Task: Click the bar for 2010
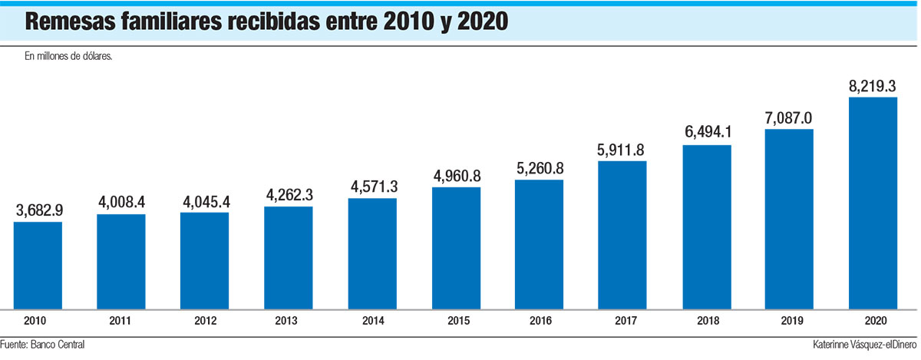pyautogui.click(x=38, y=265)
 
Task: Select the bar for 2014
pyautogui.click(x=372, y=253)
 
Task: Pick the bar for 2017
pyautogui.click(x=622, y=234)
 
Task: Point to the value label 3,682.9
pyautogui.click(x=38, y=210)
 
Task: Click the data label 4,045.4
pyautogui.click(x=204, y=200)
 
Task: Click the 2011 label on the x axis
pyautogui.click(x=120, y=320)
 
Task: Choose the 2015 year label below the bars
pyautogui.click(x=455, y=320)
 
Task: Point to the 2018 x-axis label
pyautogui.click(x=706, y=320)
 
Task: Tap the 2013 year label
pyautogui.click(x=288, y=320)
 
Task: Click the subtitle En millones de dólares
pyautogui.click(x=69, y=56)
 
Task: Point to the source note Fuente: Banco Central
pyautogui.click(x=42, y=345)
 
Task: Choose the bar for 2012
pyautogui.click(x=204, y=260)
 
